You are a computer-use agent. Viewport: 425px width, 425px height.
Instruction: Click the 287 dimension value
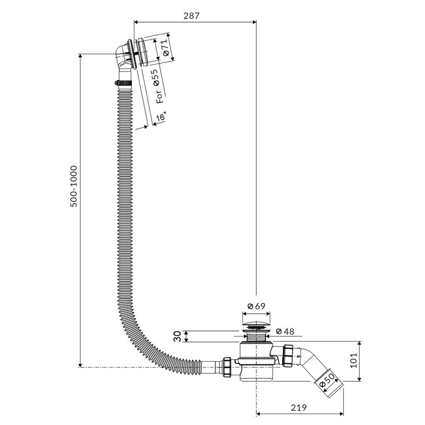(191, 15)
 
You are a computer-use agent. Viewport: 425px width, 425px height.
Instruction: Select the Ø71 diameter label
(166, 48)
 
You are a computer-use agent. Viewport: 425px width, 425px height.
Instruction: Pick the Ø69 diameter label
(255, 306)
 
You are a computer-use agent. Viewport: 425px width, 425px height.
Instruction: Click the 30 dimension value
(178, 336)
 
